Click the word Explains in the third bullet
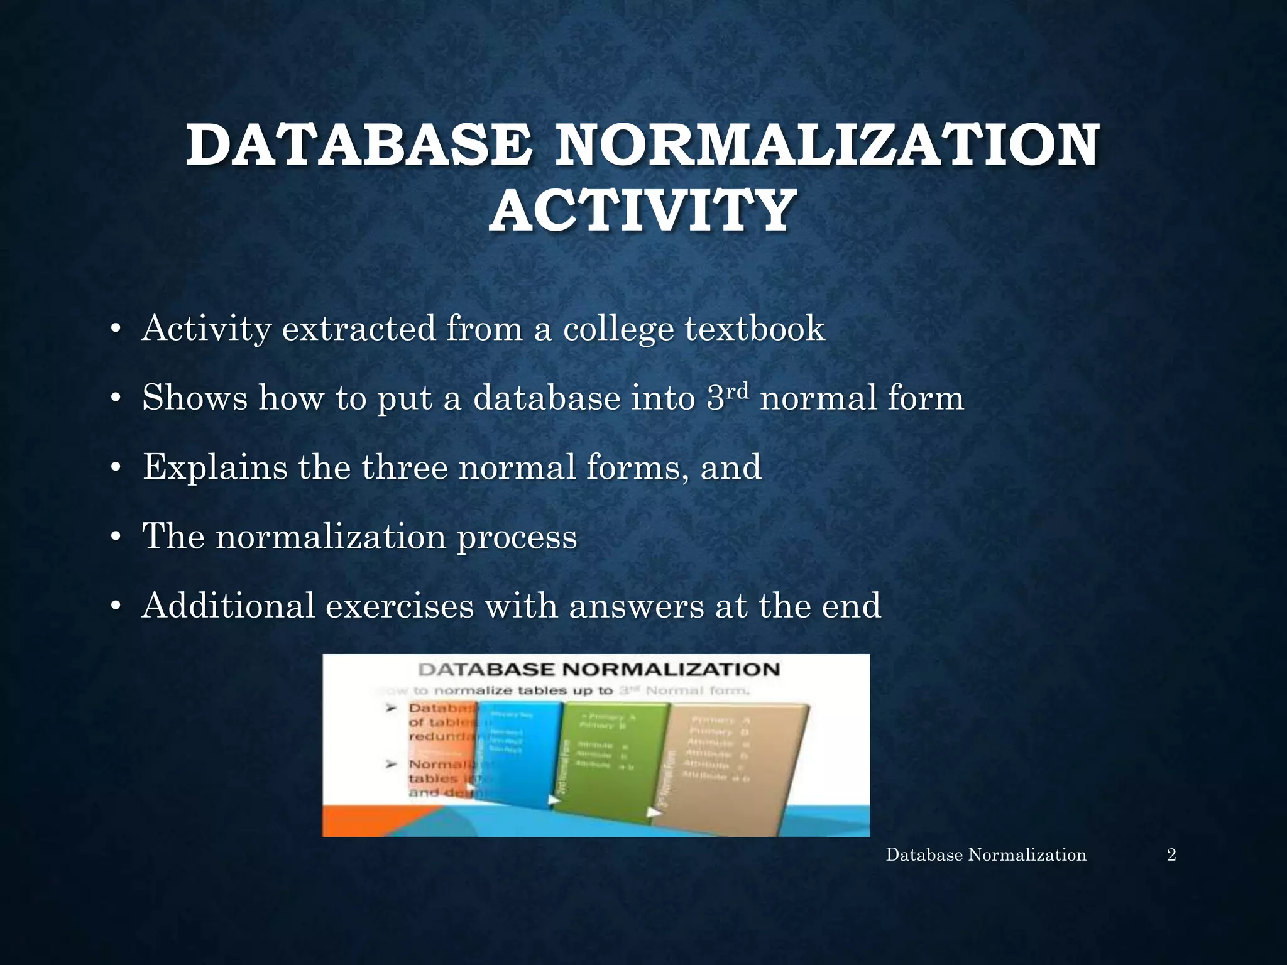pyautogui.click(x=215, y=467)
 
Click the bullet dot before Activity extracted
pyautogui.click(x=114, y=330)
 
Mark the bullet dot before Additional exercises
pyautogui.click(x=114, y=607)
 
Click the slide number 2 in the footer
pyautogui.click(x=1171, y=854)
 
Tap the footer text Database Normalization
pyautogui.click(x=985, y=854)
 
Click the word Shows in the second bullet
pyautogui.click(x=195, y=398)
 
